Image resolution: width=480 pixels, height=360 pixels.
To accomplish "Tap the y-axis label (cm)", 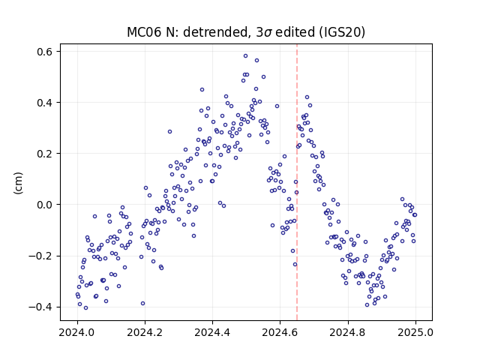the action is pyautogui.click(x=18, y=183).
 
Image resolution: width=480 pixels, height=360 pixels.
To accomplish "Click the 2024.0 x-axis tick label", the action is pyautogui.click(x=77, y=332).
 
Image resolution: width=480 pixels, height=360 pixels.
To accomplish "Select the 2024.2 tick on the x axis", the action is pyautogui.click(x=145, y=332).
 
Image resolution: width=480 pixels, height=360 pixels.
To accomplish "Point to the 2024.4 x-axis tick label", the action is pyautogui.click(x=212, y=332).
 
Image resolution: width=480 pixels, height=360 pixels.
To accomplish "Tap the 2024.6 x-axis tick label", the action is pyautogui.click(x=280, y=332).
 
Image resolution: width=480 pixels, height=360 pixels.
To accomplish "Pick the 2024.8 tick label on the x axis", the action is pyautogui.click(x=348, y=332).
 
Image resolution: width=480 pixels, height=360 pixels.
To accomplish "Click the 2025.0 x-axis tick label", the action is pyautogui.click(x=415, y=332).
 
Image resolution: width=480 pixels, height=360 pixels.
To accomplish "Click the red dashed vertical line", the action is pyautogui.click(x=297, y=182).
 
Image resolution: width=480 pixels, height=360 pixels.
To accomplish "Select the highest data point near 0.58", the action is pyautogui.click(x=245, y=56).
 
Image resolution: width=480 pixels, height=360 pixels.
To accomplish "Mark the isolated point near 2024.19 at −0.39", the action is pyautogui.click(x=142, y=303).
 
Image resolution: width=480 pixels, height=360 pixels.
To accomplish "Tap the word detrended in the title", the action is pyautogui.click(x=215, y=32).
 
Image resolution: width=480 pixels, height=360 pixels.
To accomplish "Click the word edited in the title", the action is pyautogui.click(x=295, y=32).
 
